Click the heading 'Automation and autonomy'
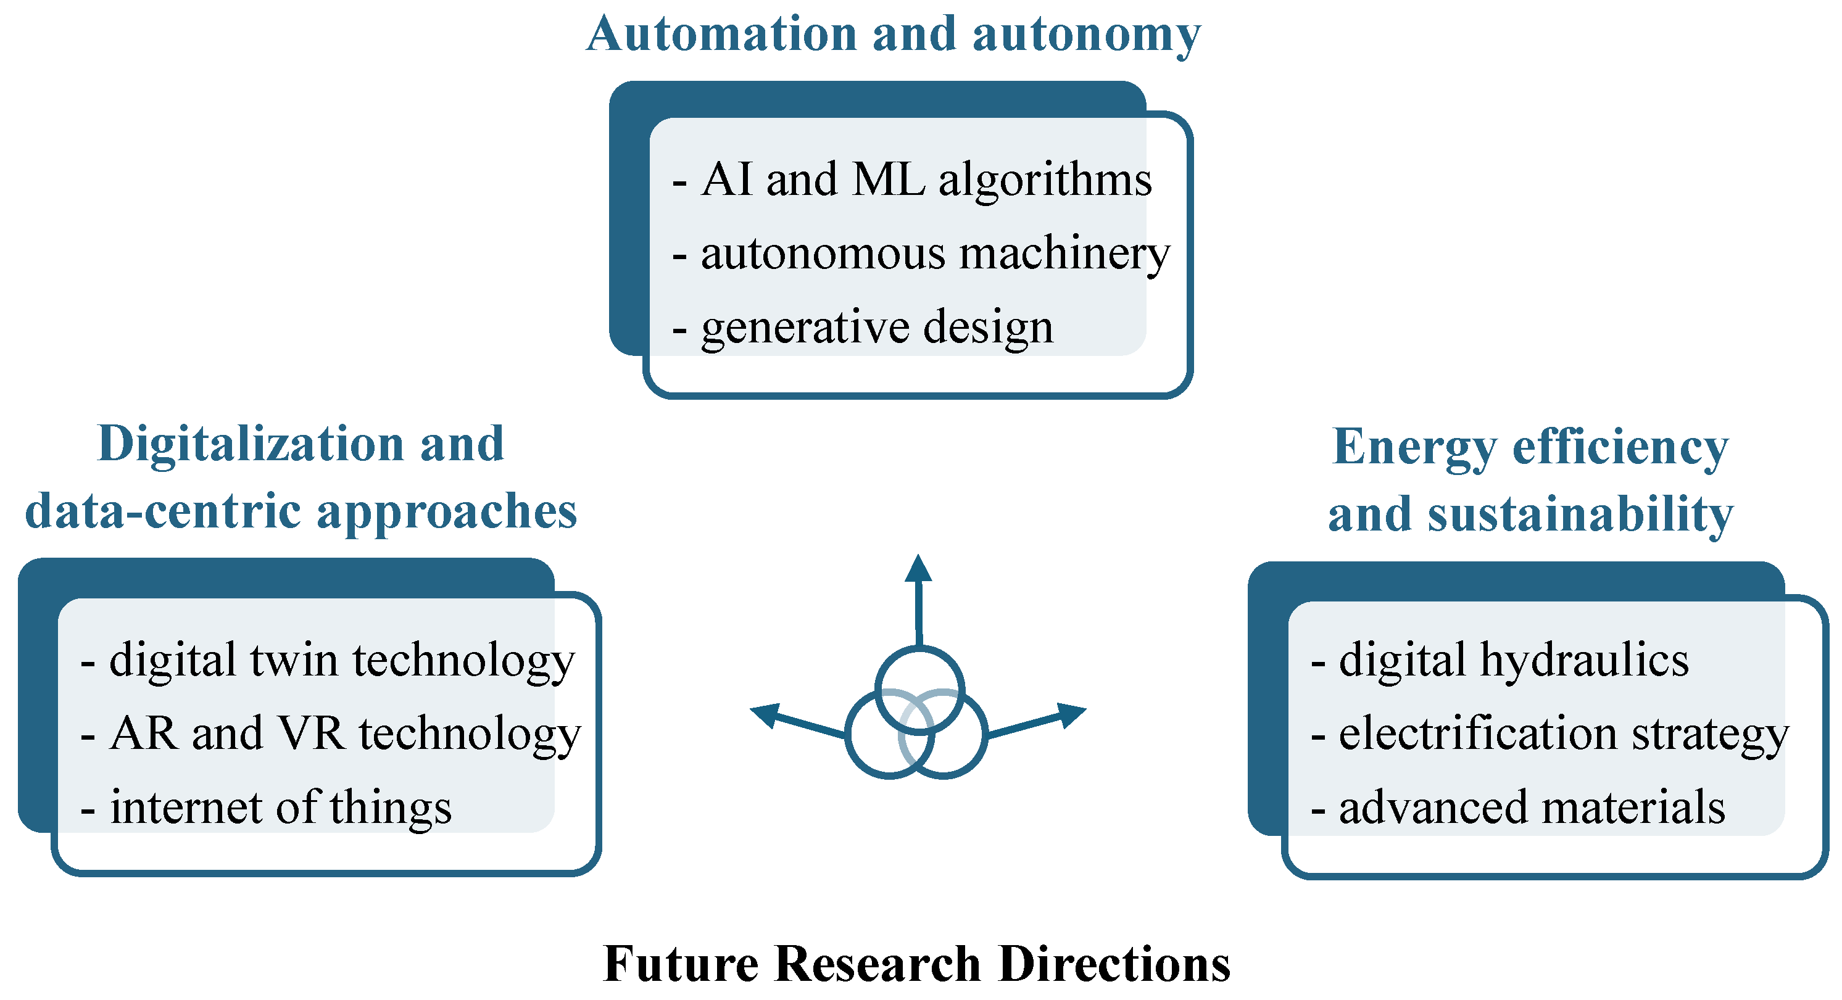tap(893, 35)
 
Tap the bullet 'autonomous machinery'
tap(935, 254)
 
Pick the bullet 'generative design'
tap(877, 328)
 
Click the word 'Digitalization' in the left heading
tap(251, 445)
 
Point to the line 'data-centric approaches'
tap(301, 512)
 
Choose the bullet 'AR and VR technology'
tap(345, 734)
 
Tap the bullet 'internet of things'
tap(280, 808)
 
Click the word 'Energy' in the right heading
tap(1414, 447)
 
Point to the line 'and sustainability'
tap(1530, 514)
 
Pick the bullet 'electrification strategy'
tap(1563, 734)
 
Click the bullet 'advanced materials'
tap(1532, 808)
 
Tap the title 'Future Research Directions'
tap(917, 964)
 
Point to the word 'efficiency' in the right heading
tap(1620, 447)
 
